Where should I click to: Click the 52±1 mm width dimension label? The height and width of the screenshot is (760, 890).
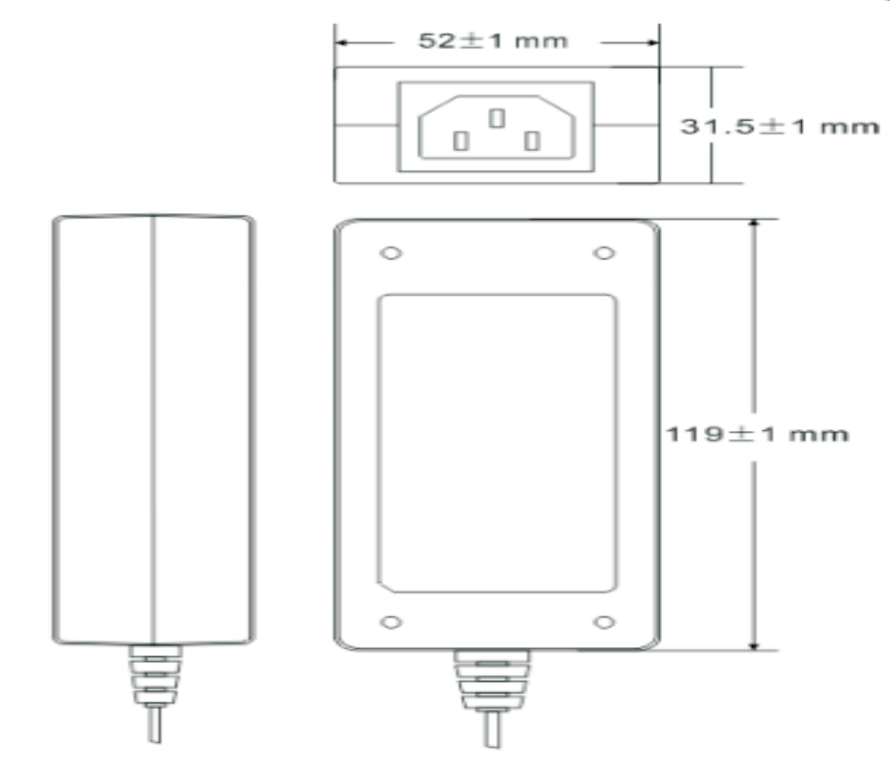(492, 41)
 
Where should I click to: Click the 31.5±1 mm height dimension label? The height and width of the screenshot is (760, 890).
(780, 126)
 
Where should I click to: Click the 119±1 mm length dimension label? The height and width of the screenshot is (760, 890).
(756, 434)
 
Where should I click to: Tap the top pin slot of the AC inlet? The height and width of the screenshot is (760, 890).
(497, 118)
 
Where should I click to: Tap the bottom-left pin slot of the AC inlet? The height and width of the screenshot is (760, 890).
(461, 141)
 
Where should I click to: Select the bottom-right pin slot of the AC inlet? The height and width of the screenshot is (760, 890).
(532, 141)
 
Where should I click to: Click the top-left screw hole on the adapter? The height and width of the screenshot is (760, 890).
(391, 253)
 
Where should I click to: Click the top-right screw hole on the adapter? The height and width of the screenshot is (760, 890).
(604, 253)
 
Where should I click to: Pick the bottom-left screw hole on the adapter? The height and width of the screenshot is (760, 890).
(391, 623)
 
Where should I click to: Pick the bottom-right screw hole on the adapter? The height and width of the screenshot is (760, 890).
(604, 623)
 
